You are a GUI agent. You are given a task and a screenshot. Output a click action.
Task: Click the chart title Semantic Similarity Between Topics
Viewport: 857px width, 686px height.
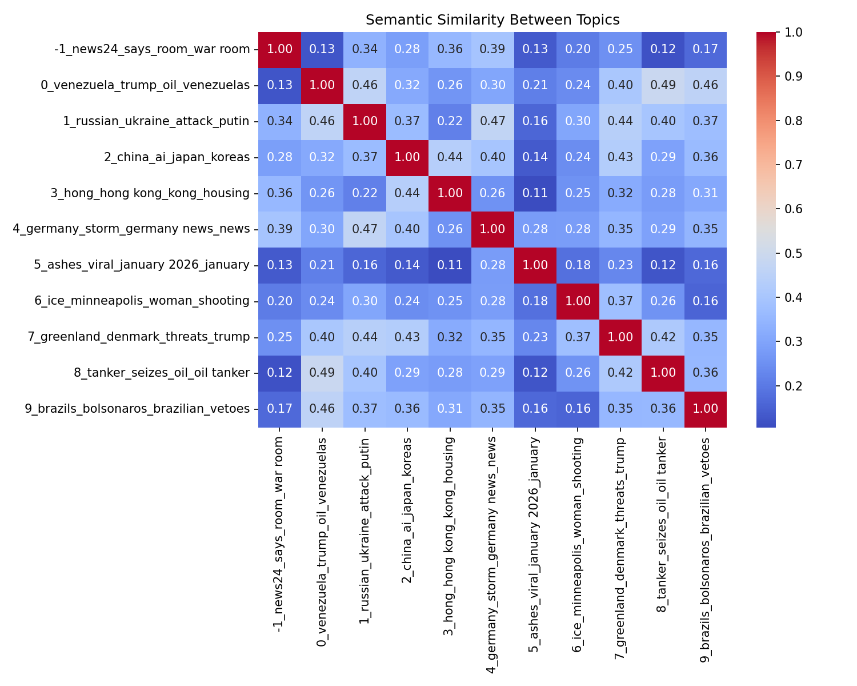pos(492,20)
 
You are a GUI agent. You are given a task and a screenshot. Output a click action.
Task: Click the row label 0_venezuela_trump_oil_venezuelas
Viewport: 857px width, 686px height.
pos(145,85)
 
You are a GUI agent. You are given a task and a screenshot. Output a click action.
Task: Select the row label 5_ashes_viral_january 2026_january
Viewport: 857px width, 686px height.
pos(142,265)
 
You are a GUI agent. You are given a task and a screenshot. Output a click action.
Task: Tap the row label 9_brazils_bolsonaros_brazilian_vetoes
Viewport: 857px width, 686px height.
pos(137,408)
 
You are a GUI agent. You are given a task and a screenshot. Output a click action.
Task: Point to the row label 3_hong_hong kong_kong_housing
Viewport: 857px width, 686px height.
pos(150,193)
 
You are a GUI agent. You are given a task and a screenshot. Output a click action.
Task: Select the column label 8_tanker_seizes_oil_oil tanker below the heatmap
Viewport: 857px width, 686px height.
pos(662,524)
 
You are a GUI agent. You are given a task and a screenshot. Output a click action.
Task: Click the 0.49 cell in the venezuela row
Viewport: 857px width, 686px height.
pos(662,85)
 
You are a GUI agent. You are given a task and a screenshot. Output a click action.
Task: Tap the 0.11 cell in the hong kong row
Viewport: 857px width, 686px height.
pos(535,193)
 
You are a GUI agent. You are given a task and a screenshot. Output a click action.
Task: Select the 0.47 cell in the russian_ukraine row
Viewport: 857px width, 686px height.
pos(492,121)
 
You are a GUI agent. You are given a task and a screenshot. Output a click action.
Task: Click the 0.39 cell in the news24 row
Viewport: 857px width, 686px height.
pos(492,49)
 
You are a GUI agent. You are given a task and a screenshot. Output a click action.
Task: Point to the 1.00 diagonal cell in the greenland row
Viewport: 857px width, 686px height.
pos(620,337)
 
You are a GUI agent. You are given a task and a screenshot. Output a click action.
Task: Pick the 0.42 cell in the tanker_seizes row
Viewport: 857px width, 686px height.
pos(620,373)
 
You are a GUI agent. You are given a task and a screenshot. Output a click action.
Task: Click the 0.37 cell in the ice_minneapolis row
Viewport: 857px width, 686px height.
pos(620,301)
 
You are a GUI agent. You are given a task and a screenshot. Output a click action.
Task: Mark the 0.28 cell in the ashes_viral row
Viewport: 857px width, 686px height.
pos(492,265)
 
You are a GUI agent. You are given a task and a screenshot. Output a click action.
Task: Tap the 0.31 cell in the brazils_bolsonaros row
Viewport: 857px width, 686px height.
pos(450,408)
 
